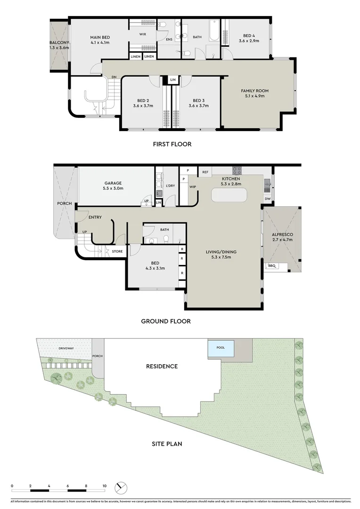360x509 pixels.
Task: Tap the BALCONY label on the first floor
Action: point(59,43)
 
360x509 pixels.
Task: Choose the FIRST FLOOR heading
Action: point(172,144)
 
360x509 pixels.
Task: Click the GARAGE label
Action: point(114,183)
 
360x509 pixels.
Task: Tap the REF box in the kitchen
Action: point(205,172)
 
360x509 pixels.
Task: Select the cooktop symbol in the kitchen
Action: point(236,171)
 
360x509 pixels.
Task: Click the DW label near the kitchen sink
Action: point(268,199)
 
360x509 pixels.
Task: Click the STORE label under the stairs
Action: point(117,252)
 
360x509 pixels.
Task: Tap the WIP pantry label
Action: point(193,187)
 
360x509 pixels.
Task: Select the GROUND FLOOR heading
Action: point(166,321)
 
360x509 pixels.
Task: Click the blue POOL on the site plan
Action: point(221,348)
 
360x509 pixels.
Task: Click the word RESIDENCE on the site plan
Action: point(162,366)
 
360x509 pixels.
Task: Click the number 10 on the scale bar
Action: point(105,485)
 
